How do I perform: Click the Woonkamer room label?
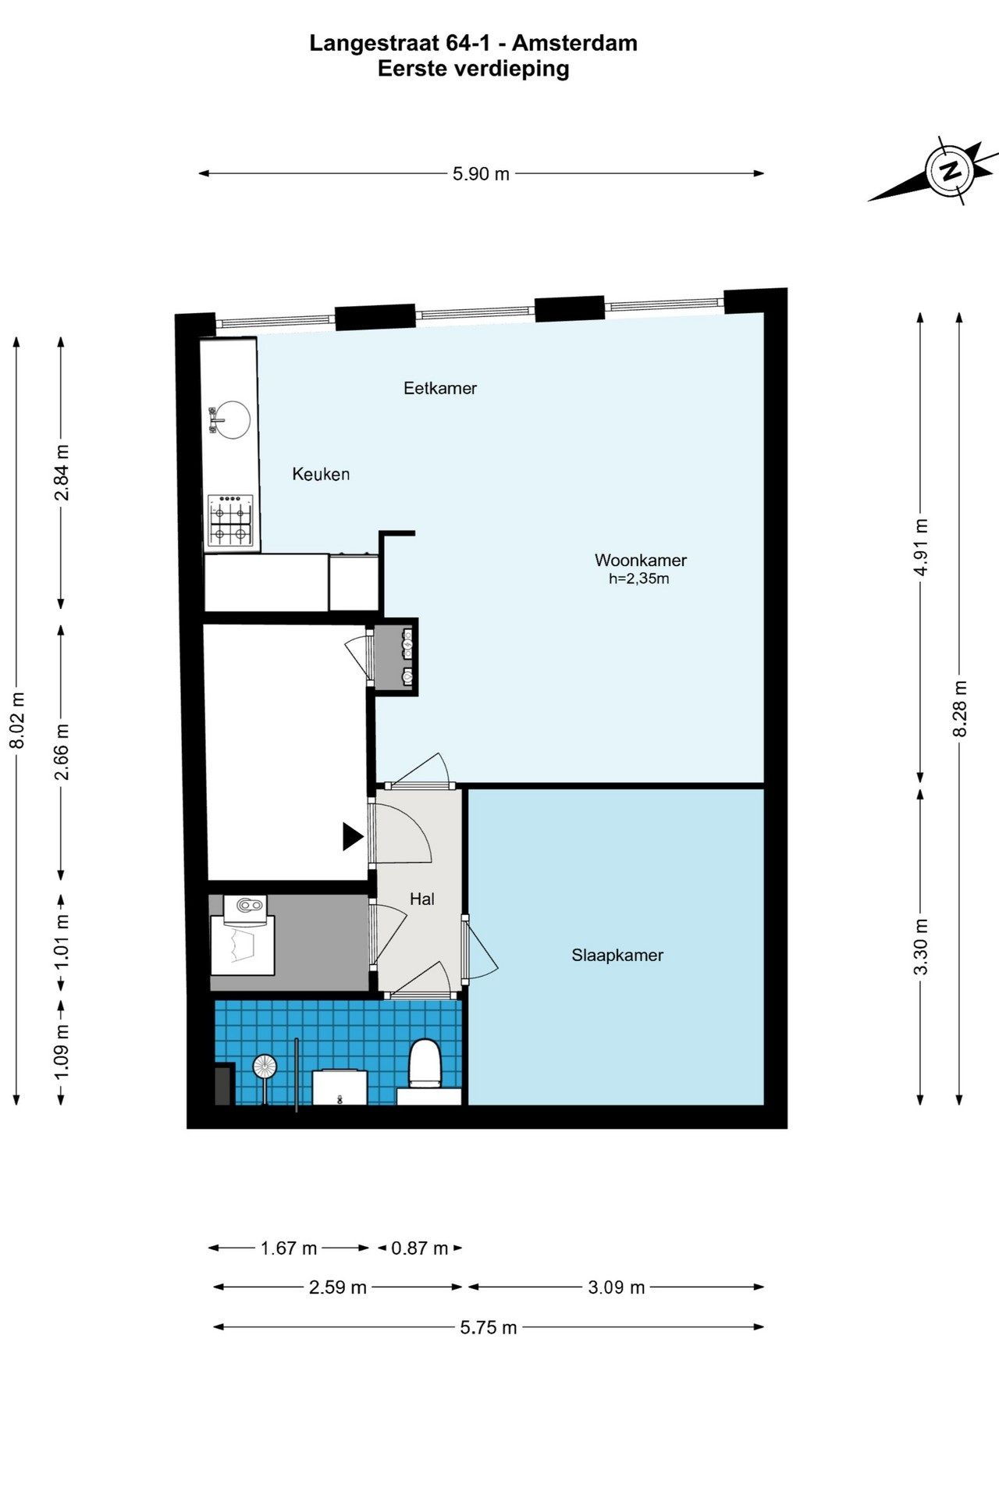point(641,560)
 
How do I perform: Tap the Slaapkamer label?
point(617,955)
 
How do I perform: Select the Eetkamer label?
point(440,388)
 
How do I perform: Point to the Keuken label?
point(321,474)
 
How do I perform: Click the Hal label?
point(422,899)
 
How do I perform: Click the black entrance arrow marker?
point(353,837)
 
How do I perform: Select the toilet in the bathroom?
point(425,1063)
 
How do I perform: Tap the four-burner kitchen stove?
point(231,519)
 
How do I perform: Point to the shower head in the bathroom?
point(265,1067)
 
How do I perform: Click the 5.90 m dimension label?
point(481,174)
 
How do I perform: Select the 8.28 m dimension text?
point(960,708)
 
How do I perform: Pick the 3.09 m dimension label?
point(616,1287)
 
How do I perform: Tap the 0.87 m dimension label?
point(420,1248)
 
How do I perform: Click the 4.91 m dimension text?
point(921,547)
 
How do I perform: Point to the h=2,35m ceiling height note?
point(639,579)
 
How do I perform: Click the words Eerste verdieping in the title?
point(474,69)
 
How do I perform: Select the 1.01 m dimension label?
point(62,941)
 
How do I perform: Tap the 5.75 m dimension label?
point(489,1328)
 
